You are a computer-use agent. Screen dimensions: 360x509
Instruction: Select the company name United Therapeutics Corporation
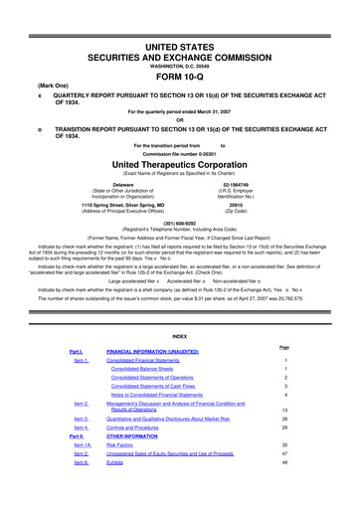click(x=179, y=163)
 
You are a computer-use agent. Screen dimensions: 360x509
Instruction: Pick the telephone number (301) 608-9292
click(x=179, y=224)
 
